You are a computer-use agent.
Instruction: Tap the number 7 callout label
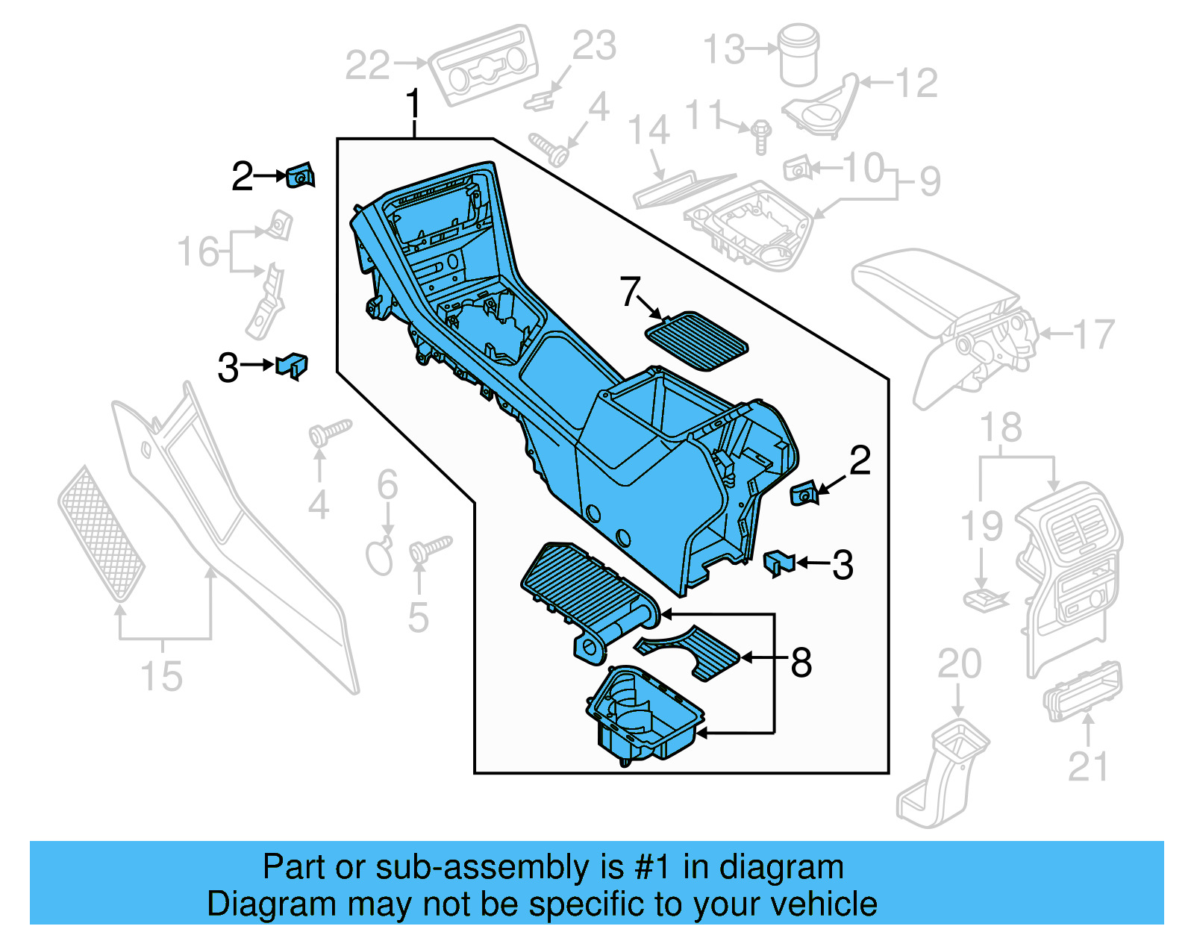[631, 291]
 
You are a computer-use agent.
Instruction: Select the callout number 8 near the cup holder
[801, 662]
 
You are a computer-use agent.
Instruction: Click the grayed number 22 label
[367, 66]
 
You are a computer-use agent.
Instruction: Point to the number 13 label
[724, 49]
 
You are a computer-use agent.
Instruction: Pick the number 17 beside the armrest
[1094, 335]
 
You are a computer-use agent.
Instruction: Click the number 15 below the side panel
[161, 676]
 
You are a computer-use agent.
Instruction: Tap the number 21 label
[1089, 767]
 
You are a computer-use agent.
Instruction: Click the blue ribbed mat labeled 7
[696, 340]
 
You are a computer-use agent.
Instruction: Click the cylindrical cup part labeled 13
[799, 54]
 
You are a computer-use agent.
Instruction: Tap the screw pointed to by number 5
[428, 549]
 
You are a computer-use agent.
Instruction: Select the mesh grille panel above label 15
[101, 533]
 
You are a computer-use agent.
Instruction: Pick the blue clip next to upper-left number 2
[300, 176]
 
